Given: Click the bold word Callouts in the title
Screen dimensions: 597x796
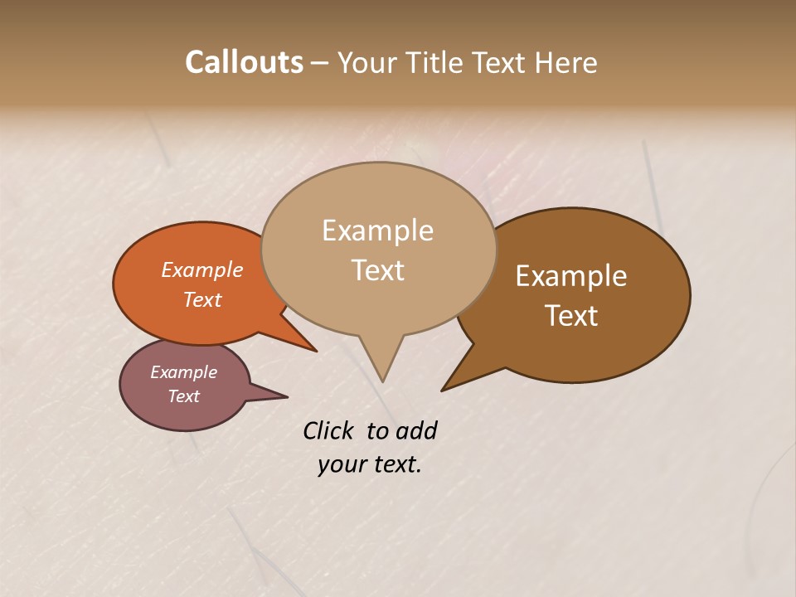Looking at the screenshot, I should (x=244, y=62).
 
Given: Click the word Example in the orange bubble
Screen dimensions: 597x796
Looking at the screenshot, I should (x=202, y=269).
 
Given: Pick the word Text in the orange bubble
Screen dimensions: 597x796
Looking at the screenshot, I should (x=202, y=299).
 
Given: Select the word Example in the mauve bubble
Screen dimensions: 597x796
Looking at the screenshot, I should (x=184, y=372).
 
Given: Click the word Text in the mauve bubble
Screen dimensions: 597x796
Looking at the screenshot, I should (x=184, y=396).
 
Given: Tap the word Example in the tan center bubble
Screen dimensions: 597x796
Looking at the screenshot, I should (x=378, y=231).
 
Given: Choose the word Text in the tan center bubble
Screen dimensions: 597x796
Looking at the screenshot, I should (x=378, y=270).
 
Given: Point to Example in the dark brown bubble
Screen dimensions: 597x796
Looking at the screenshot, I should (x=571, y=276).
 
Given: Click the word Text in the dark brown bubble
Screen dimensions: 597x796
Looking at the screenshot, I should (x=571, y=316).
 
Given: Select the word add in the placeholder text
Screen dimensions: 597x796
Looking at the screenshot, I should (x=417, y=430).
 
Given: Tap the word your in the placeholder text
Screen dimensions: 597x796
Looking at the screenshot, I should (x=341, y=464).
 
